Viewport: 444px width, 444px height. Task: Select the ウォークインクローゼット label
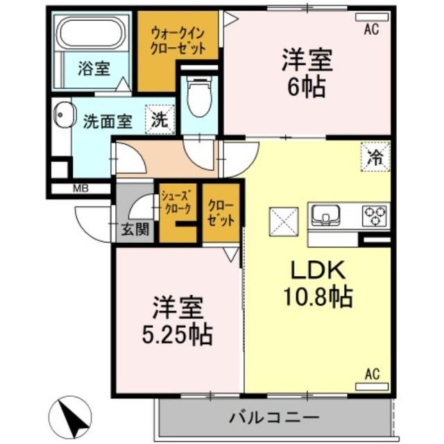click(179, 41)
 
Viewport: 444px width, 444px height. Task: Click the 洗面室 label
click(108, 121)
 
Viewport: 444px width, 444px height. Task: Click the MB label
click(80, 187)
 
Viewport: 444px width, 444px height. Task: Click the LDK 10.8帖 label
click(317, 284)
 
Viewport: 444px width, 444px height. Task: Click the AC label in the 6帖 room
click(371, 28)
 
